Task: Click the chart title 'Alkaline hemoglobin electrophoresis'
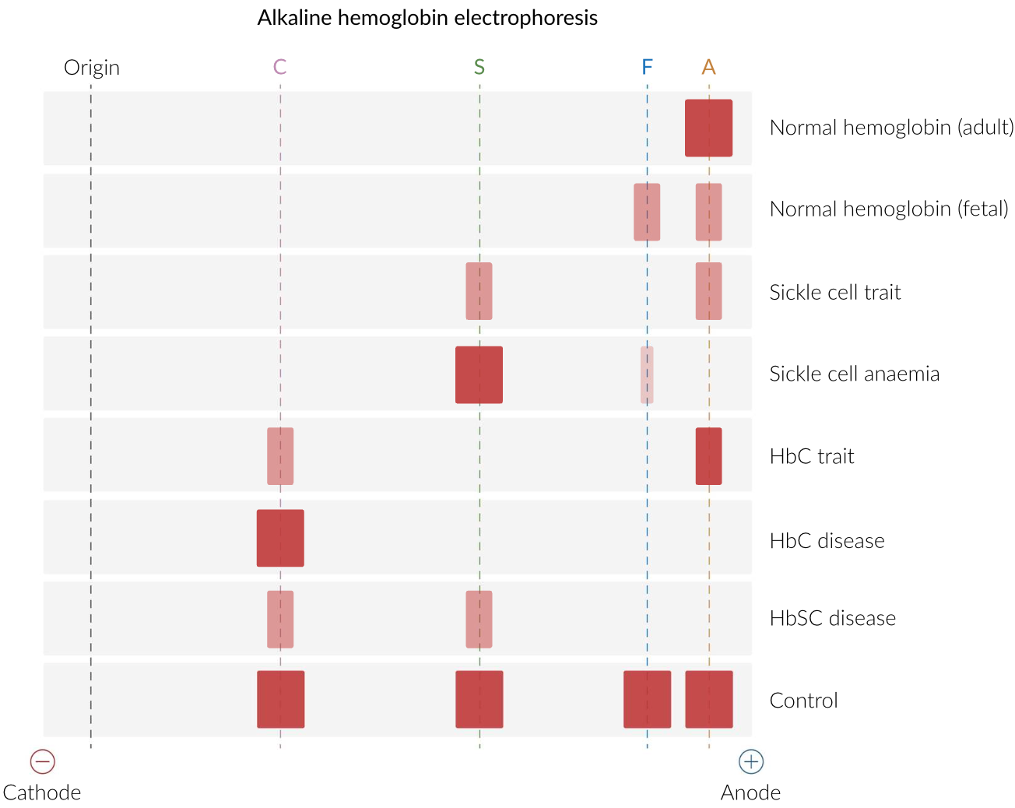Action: pyautogui.click(x=427, y=18)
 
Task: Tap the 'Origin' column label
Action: pyautogui.click(x=92, y=68)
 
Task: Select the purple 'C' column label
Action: pyautogui.click(x=280, y=67)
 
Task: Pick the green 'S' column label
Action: pyautogui.click(x=479, y=67)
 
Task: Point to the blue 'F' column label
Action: pyautogui.click(x=647, y=67)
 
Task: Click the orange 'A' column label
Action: pyautogui.click(x=708, y=67)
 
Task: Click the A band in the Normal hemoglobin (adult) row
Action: pyautogui.click(x=708, y=128)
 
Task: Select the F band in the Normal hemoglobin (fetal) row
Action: pyautogui.click(x=647, y=212)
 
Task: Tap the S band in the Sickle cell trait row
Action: pyautogui.click(x=479, y=291)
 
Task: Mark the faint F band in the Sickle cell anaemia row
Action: pyautogui.click(x=647, y=375)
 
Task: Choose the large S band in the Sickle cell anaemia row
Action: pyautogui.click(x=479, y=375)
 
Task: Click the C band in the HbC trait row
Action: pyautogui.click(x=280, y=456)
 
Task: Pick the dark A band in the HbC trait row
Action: pyautogui.click(x=708, y=456)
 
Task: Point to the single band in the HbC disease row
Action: pyautogui.click(x=280, y=538)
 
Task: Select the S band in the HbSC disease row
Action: pyautogui.click(x=479, y=620)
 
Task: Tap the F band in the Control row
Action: pyautogui.click(x=647, y=699)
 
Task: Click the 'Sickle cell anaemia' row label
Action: pyautogui.click(x=854, y=374)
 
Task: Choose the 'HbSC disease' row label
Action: pyautogui.click(x=832, y=619)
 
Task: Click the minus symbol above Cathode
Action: pyautogui.click(x=43, y=761)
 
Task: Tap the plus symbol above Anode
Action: pyautogui.click(x=751, y=761)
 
